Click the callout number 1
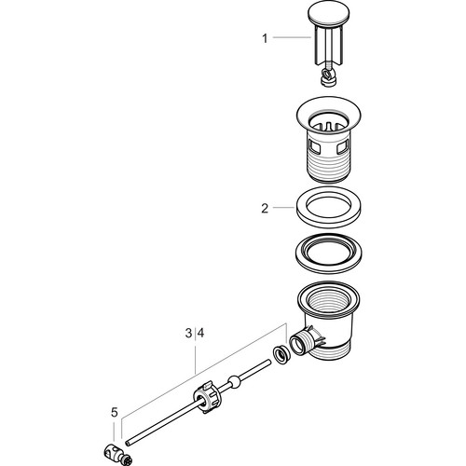coord(265,39)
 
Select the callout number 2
coord(265,208)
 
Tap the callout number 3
coord(188,334)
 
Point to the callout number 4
coord(200,334)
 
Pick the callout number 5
coord(115,413)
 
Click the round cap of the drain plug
coord(329,15)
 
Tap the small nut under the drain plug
coord(329,80)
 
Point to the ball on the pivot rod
coord(234,382)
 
